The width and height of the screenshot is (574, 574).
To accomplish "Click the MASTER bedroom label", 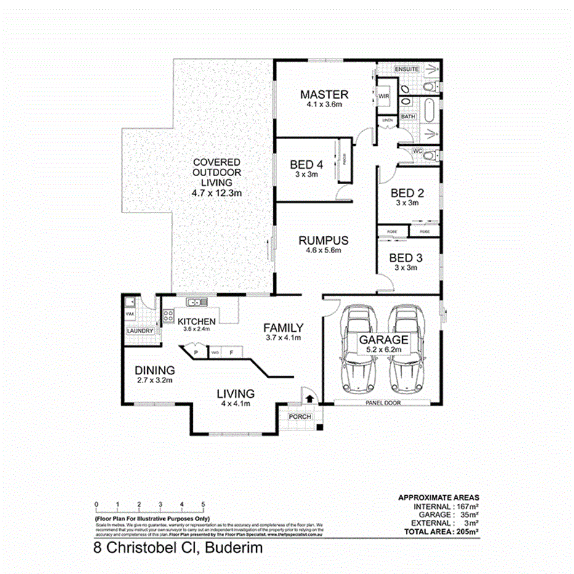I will (324, 94).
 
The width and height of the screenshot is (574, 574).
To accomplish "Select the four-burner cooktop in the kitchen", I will (168, 316).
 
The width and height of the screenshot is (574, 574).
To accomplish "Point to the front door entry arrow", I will (309, 398).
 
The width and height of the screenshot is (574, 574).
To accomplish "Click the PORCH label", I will (300, 417).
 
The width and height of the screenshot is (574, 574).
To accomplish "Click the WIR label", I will (384, 96).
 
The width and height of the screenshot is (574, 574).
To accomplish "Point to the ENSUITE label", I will (406, 69).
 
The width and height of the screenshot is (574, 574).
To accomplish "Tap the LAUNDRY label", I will (140, 331).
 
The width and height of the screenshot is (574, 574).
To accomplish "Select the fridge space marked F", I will (231, 353).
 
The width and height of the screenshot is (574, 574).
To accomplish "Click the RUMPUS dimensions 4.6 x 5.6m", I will (324, 251).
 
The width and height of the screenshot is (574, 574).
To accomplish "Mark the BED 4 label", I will (306, 164).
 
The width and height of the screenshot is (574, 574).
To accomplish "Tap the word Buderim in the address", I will (236, 548).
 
